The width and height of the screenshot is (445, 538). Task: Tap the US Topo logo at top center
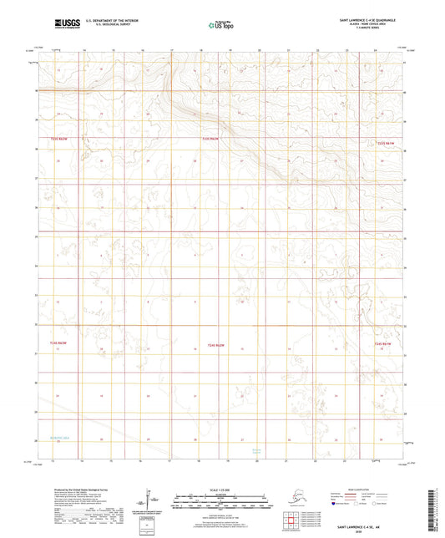[x=219, y=26]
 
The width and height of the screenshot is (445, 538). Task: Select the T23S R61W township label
[x=384, y=143]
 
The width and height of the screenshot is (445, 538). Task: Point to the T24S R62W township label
[x=215, y=343]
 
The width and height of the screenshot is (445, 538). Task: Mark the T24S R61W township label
[x=382, y=343]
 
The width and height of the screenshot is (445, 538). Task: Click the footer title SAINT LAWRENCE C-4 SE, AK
[x=364, y=527]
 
